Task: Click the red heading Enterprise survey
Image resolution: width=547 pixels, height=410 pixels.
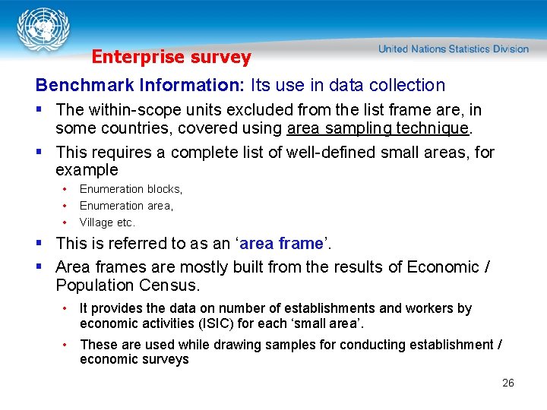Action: point(171,57)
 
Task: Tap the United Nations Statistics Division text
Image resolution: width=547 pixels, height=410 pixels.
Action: point(453,49)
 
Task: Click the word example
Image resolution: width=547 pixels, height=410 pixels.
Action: point(87,169)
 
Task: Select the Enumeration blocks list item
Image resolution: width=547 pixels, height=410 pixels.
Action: point(131,189)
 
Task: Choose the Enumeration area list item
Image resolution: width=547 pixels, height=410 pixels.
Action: point(126,206)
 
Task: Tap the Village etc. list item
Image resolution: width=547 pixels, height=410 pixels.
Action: point(107,222)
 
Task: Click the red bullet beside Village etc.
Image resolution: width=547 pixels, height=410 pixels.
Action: point(66,222)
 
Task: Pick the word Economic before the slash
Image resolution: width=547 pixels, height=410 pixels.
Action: point(444,266)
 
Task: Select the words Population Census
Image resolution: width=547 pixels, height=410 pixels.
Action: point(128,285)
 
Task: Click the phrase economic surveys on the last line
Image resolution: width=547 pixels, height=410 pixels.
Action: point(134,359)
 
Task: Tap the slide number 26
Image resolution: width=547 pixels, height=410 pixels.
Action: point(508,383)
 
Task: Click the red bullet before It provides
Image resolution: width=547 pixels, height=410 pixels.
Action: point(67,308)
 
